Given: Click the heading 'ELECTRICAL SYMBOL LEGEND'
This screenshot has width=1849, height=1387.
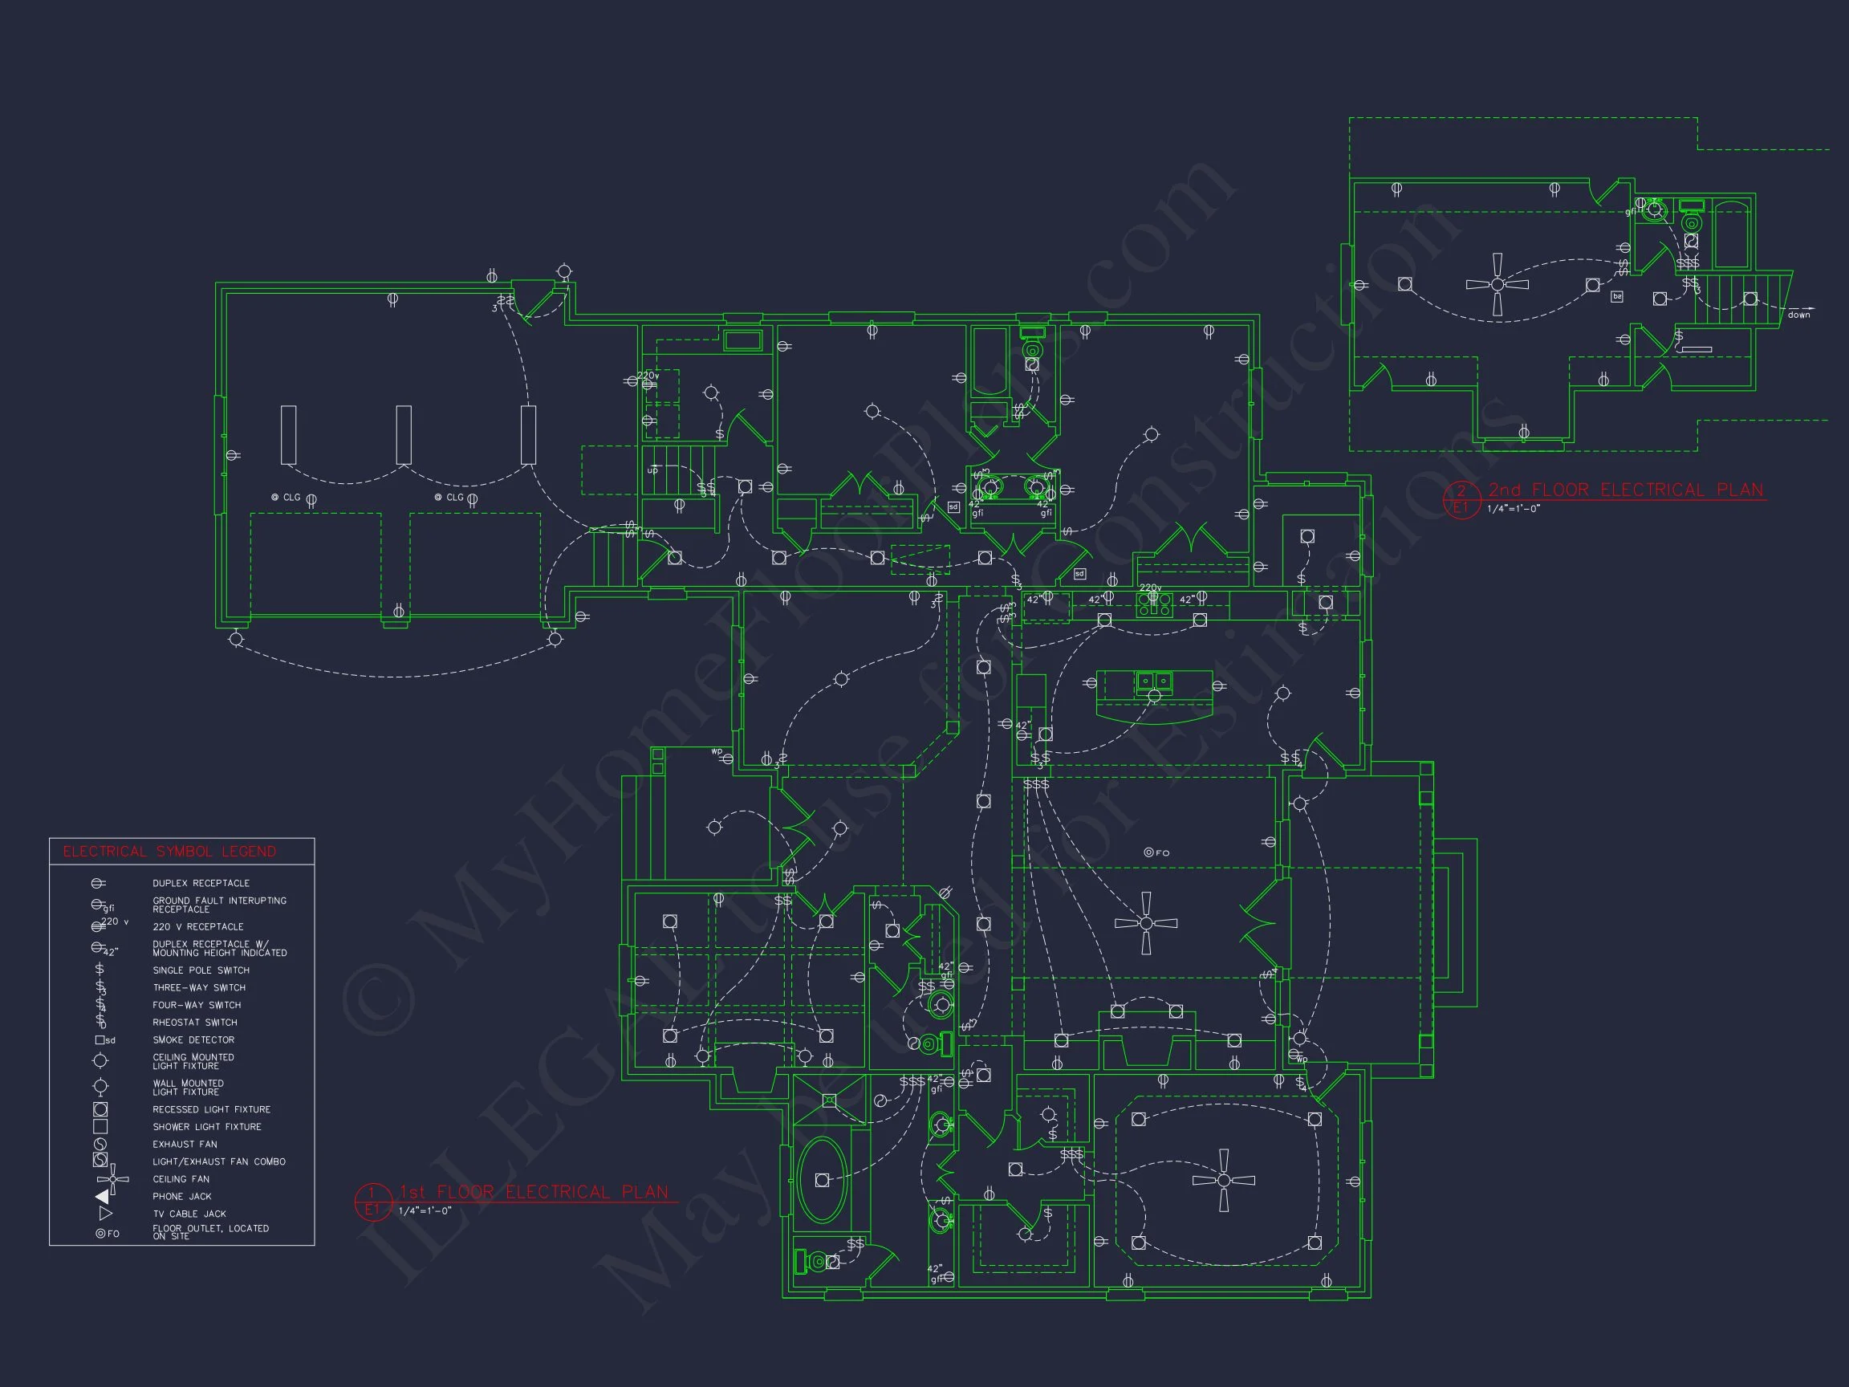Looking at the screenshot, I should tap(169, 851).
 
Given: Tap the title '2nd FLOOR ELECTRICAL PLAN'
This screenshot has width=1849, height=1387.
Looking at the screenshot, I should tap(1625, 490).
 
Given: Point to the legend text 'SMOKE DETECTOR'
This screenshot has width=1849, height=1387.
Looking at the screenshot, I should tap(193, 1040).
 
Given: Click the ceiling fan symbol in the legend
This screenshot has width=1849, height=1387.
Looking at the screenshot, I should tap(112, 1179).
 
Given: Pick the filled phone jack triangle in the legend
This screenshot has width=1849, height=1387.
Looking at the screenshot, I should tap(103, 1197).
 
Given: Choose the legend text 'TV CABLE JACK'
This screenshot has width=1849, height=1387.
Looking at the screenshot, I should tap(189, 1214).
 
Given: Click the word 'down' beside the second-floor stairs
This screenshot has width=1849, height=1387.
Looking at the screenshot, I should tap(1799, 315).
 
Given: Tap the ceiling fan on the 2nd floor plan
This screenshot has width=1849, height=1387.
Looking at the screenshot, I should tap(1497, 284).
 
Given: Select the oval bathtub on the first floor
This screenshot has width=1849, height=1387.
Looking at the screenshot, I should tap(822, 1180).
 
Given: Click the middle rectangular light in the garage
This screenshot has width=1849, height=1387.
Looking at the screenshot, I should tap(404, 435).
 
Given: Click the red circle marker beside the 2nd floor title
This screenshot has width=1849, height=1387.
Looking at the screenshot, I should tap(1461, 499).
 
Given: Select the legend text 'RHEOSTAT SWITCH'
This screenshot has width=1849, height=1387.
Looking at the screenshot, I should tap(195, 1023).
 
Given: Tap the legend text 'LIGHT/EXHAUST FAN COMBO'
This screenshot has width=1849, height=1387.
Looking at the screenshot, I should tap(218, 1161).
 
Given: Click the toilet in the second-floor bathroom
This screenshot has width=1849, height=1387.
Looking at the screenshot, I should tap(1691, 222).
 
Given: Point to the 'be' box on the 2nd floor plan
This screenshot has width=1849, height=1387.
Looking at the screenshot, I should tap(1616, 297).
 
